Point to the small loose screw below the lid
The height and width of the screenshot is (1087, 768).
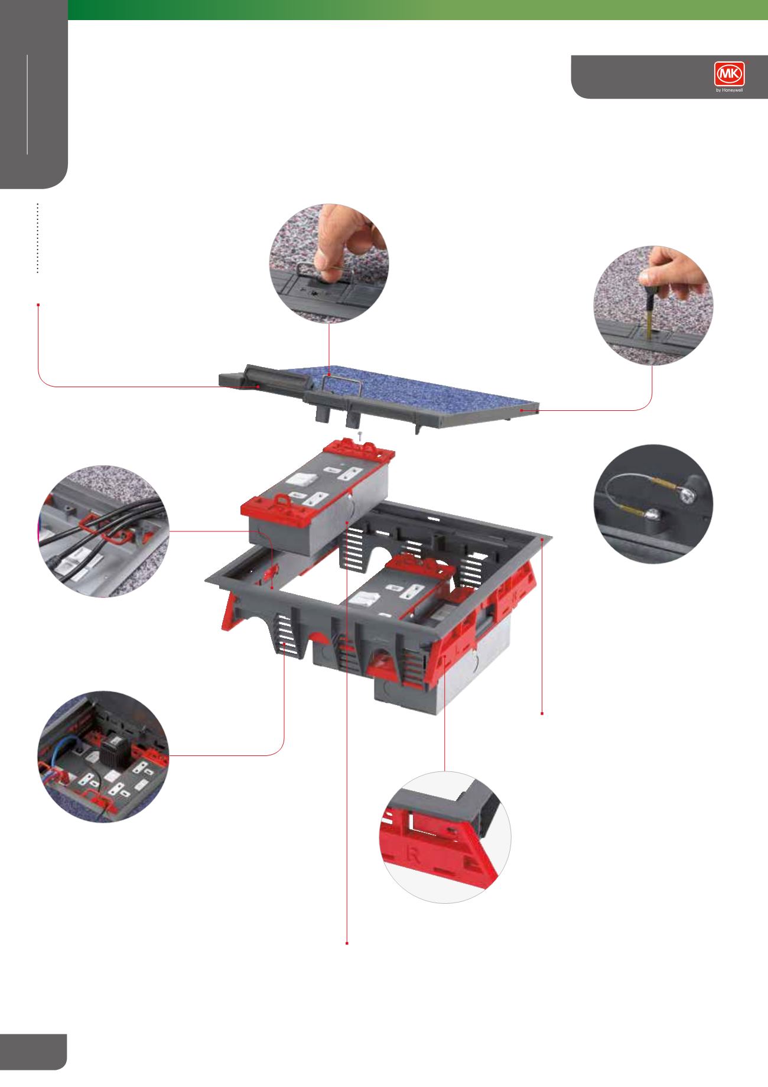359,435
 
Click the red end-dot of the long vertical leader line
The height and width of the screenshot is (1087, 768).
346,943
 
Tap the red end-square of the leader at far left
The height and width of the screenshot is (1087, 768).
38,305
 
